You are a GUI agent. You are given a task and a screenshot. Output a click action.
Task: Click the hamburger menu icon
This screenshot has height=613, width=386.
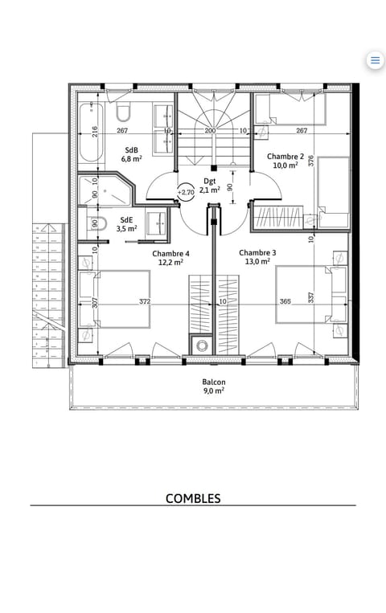(x=375, y=60)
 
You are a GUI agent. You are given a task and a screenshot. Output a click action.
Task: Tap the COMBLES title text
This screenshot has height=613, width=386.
(x=193, y=498)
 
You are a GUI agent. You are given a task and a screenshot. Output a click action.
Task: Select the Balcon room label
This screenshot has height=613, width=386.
(x=213, y=386)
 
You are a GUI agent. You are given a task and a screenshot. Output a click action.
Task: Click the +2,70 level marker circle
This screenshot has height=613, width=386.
(x=186, y=192)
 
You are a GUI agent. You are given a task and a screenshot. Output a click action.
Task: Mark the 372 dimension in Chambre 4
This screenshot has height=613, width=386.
(x=145, y=302)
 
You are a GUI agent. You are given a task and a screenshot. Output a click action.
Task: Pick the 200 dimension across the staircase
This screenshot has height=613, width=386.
(x=210, y=130)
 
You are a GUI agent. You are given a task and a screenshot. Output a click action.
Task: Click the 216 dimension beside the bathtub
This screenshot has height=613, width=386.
(x=94, y=131)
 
